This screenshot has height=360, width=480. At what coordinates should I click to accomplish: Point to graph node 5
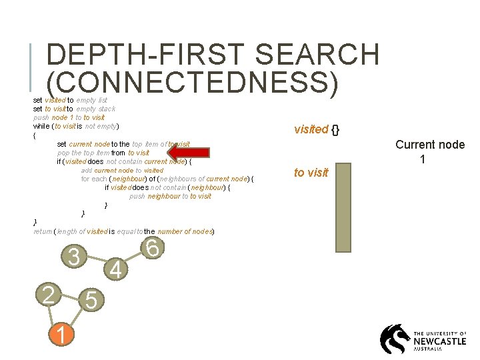92,301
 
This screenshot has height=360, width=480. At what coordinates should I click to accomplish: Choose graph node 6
152,248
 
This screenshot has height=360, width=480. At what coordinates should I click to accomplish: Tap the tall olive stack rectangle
343,207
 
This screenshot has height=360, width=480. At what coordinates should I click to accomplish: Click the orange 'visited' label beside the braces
311,129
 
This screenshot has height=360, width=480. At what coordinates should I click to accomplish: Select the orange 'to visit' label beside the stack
311,173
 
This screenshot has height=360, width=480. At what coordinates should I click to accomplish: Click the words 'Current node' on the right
430,145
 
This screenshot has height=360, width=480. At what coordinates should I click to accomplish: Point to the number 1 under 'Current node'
423,159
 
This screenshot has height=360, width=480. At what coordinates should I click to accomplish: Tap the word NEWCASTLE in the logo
441,340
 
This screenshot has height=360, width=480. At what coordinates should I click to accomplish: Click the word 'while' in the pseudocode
41,126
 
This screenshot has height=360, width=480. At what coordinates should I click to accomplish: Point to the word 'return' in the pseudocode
42,231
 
